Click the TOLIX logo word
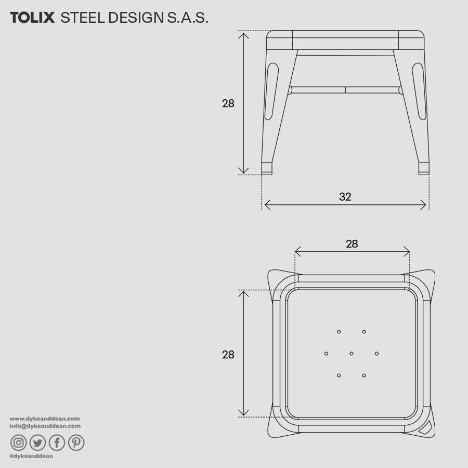point(32,18)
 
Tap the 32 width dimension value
point(345,197)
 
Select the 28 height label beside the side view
point(228,103)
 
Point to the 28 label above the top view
point(352,243)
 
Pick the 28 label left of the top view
point(228,355)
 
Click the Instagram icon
point(18,443)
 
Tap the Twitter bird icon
point(37,443)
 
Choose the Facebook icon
point(57,443)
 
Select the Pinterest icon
point(76,443)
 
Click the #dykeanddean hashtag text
point(31,456)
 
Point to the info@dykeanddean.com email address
point(45,426)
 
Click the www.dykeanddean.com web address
point(45,418)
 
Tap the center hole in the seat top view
point(352,354)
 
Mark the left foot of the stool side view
point(267,168)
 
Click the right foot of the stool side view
point(424,168)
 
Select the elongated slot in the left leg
point(270,91)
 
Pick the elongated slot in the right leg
point(420,91)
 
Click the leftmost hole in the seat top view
point(327,354)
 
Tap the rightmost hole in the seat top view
point(376,354)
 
